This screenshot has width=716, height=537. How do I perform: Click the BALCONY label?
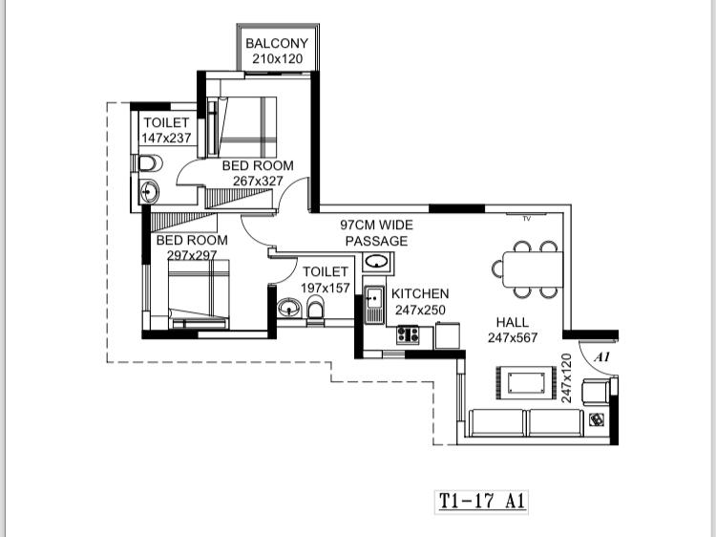point(277,43)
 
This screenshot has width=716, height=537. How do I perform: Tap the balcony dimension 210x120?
point(278,59)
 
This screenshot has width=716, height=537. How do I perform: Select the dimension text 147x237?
point(166,138)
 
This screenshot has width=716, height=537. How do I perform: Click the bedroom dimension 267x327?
point(258,181)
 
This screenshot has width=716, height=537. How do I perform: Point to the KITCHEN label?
point(420,294)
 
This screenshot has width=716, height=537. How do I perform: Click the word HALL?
point(513,323)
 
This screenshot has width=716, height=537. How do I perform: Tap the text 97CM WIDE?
point(377,225)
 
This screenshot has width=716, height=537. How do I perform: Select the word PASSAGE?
point(376,241)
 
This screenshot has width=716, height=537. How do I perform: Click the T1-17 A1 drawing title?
point(482,502)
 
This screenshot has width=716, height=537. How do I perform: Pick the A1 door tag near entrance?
point(602,357)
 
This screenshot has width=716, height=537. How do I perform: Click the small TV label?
point(526,219)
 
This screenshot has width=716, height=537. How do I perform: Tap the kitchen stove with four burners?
point(408,334)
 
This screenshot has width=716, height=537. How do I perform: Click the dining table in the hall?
point(533,269)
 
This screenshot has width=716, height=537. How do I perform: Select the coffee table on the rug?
point(526,382)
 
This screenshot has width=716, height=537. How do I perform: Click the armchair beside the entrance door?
point(596,392)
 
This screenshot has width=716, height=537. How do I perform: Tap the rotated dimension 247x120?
point(566,378)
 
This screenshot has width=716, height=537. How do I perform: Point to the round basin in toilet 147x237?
point(148,191)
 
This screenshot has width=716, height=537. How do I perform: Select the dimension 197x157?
point(326,289)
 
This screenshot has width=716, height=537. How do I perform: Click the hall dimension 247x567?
point(513,338)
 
